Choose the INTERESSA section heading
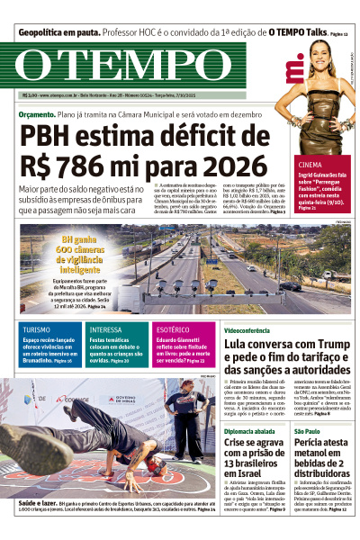point(106,329)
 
